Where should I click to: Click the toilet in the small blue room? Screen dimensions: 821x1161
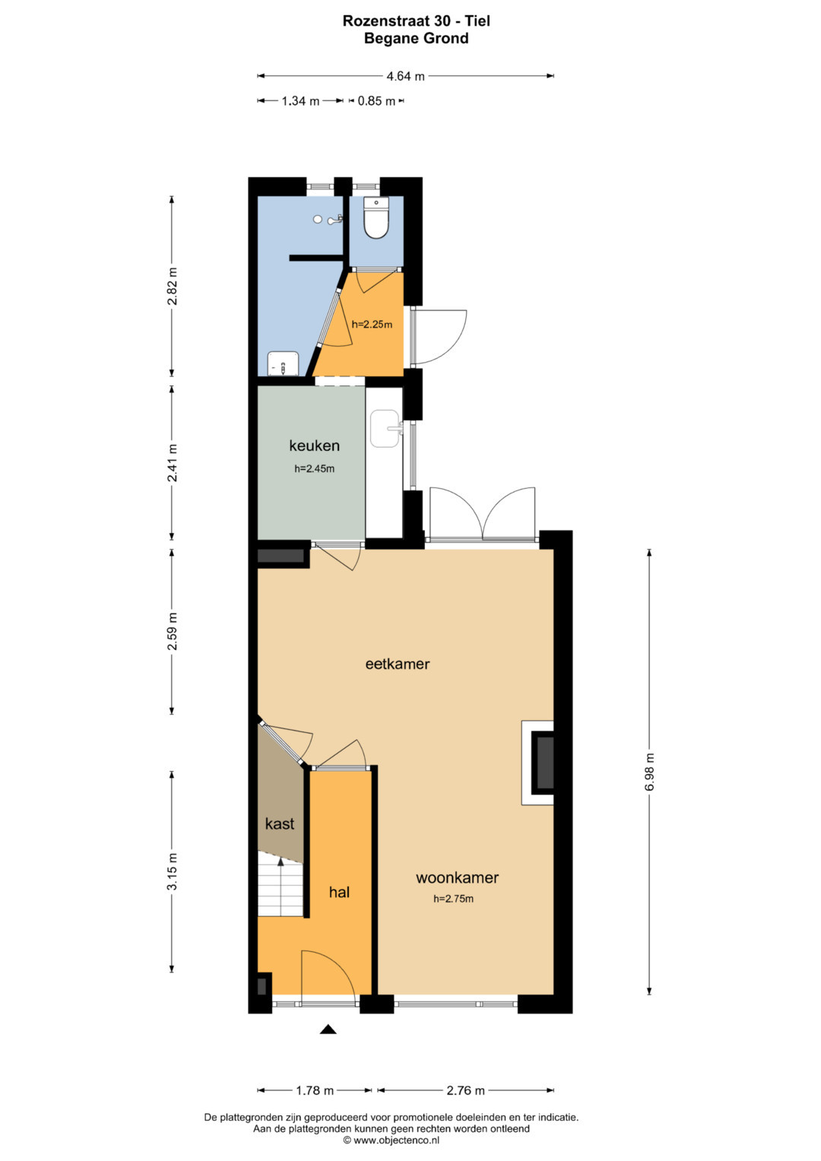(x=376, y=217)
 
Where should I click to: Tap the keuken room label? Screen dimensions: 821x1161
(x=314, y=446)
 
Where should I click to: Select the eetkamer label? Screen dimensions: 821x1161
(x=398, y=664)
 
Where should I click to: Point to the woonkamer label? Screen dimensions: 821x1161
(x=457, y=877)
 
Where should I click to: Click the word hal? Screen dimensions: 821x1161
(x=340, y=892)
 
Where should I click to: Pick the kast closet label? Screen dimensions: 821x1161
(x=280, y=823)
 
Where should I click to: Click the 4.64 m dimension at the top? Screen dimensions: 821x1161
(x=405, y=76)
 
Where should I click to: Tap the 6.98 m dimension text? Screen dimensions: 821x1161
(x=649, y=772)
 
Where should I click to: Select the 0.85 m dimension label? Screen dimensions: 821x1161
(x=376, y=101)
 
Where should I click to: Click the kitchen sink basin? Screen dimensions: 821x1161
(x=385, y=428)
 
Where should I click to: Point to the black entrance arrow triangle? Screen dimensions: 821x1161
(x=328, y=1029)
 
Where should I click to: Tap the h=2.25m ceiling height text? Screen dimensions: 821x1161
(x=372, y=325)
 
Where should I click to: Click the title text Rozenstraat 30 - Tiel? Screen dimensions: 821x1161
(x=417, y=21)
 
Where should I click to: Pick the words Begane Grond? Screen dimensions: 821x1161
(x=417, y=38)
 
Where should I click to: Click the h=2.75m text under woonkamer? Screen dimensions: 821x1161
(x=454, y=899)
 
